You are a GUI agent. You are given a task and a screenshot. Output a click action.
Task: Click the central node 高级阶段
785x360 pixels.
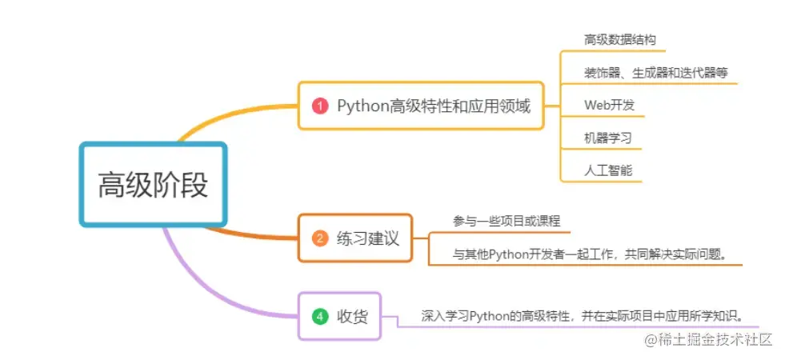[153, 184]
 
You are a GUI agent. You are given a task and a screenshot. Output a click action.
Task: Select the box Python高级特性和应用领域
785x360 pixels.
[421, 106]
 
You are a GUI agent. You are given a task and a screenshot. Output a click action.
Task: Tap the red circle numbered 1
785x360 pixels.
[320, 106]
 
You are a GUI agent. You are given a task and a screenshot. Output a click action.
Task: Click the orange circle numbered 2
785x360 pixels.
[320, 238]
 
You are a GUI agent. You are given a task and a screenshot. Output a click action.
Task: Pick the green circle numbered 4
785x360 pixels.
[320, 317]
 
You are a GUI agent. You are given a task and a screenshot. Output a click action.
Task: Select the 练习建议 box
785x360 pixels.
[354, 238]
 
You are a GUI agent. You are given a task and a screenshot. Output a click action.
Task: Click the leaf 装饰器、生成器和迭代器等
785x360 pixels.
[655, 72]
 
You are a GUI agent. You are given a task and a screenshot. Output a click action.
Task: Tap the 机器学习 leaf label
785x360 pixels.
[608, 138]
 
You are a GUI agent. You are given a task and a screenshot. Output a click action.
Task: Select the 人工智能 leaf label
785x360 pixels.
[608, 170]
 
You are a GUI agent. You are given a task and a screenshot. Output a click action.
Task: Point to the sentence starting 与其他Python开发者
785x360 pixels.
[588, 254]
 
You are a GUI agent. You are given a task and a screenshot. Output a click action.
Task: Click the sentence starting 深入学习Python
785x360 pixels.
[587, 315]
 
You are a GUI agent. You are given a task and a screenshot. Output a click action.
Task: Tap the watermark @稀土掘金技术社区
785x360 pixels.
[704, 340]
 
